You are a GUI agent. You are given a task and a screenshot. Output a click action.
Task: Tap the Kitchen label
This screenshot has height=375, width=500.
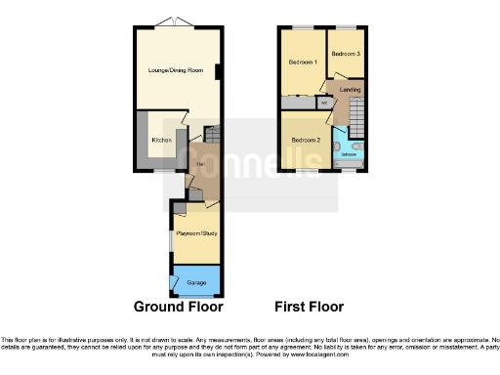[161, 141]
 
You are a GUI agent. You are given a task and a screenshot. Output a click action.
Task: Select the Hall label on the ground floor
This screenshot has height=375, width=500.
[199, 163]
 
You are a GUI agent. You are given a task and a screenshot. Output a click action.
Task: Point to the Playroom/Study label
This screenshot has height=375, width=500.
[195, 234]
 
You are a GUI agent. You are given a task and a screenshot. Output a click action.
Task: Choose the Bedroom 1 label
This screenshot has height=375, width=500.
[302, 62]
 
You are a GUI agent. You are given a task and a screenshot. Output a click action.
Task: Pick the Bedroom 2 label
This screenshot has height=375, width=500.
[306, 140]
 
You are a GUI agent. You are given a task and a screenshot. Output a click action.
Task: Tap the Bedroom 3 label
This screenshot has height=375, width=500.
[346, 54]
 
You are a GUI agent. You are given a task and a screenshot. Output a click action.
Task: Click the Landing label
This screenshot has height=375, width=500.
[350, 91]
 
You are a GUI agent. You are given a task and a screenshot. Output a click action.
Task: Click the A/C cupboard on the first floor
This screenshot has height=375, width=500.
[322, 102]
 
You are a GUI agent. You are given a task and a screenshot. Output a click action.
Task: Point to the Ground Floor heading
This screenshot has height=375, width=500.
[178, 306]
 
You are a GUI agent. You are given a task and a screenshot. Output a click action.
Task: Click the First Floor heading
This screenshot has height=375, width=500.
[309, 306]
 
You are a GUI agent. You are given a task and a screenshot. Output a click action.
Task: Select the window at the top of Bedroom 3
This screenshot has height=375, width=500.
[346, 26]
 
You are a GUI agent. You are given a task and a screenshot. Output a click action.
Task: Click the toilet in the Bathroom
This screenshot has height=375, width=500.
[336, 146]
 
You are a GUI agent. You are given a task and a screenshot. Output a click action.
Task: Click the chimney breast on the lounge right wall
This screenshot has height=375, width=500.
[219, 69]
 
